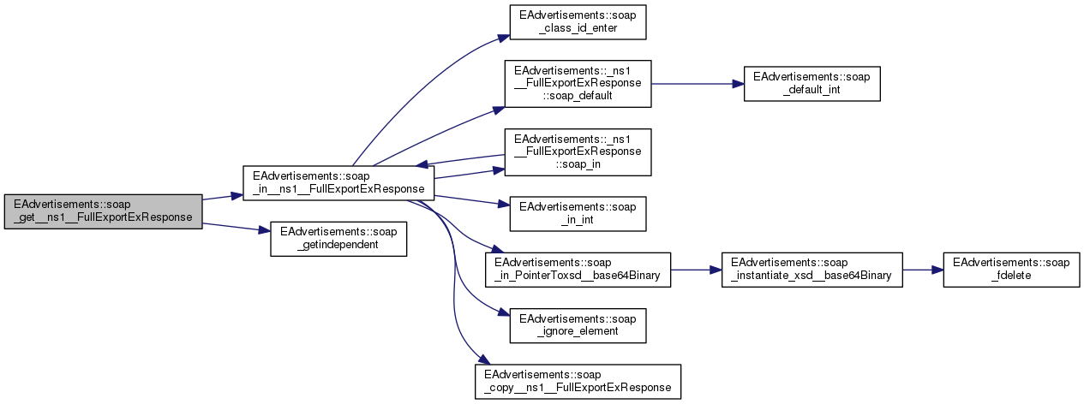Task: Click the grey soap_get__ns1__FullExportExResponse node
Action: coord(104,211)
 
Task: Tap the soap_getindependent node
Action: coord(338,239)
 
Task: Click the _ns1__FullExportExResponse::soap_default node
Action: coord(578,83)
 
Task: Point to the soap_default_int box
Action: coord(812,83)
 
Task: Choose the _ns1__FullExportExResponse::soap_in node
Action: coord(578,151)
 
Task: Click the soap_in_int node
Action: coord(578,214)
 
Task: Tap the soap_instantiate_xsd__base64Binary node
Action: coord(812,269)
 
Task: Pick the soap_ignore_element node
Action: coord(578,324)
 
